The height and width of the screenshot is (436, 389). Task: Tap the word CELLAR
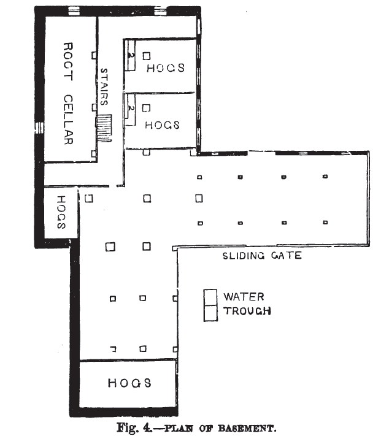pyautogui.click(x=67, y=120)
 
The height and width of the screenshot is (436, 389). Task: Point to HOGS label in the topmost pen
pyautogui.click(x=166, y=68)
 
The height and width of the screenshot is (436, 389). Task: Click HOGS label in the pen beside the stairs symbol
pyautogui.click(x=162, y=124)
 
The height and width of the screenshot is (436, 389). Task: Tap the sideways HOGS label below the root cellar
pyautogui.click(x=61, y=212)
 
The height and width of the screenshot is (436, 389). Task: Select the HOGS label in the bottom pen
pyautogui.click(x=129, y=383)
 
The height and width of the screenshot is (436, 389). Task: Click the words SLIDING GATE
pyautogui.click(x=262, y=256)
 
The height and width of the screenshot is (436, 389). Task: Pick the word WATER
pyautogui.click(x=244, y=297)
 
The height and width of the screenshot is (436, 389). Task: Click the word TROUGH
pyautogui.click(x=247, y=311)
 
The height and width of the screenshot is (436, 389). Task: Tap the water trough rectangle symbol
pyautogui.click(x=211, y=305)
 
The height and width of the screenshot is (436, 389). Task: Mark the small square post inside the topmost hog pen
pyautogui.click(x=147, y=56)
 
